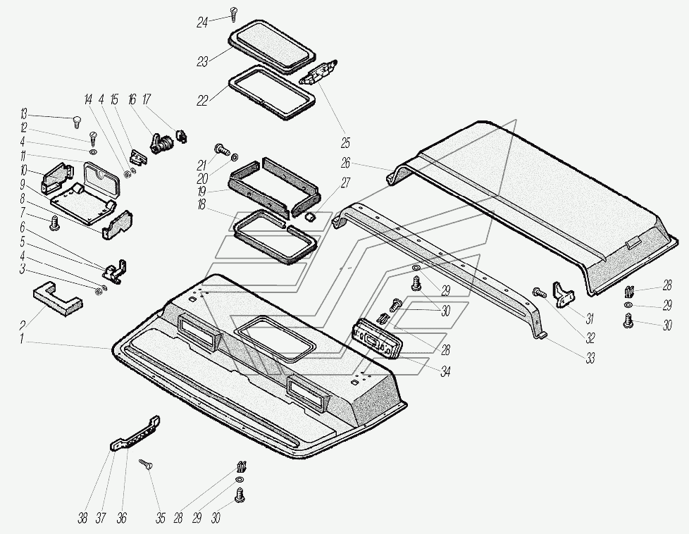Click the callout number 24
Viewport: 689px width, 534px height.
(202, 23)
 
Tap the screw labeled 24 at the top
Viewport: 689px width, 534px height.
(234, 13)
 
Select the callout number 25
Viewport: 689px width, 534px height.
(345, 143)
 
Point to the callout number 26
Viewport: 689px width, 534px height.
(345, 163)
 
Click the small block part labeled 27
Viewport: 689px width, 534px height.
(310, 216)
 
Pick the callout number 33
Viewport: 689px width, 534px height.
(590, 359)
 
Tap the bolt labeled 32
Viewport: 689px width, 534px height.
(539, 292)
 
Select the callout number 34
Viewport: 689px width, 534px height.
(445, 371)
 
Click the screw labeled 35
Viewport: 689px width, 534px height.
(147, 464)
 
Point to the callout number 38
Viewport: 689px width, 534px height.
(82, 519)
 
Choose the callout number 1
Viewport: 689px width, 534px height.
(23, 340)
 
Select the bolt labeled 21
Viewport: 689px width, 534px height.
(221, 150)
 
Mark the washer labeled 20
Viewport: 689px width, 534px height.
(235, 157)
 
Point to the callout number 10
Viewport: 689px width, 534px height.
(23, 170)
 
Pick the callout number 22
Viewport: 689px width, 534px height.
(202, 101)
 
